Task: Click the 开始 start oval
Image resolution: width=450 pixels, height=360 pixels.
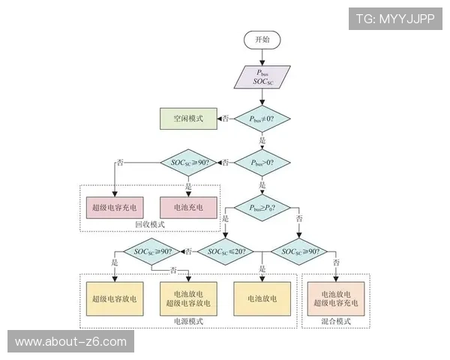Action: tap(262, 40)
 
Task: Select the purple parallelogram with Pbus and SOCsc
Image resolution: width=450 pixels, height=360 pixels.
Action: tap(262, 76)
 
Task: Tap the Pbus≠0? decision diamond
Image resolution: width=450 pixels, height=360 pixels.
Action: tap(262, 118)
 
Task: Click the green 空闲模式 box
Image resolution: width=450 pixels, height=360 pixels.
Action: tap(187, 118)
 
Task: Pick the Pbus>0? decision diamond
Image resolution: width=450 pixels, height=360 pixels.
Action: tap(262, 162)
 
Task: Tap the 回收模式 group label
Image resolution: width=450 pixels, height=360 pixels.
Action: tap(149, 224)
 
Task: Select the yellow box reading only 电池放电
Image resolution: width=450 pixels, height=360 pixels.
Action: tap(262, 298)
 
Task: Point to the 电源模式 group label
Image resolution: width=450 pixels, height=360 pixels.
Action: tap(188, 321)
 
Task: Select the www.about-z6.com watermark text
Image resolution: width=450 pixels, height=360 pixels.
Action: tap(71, 342)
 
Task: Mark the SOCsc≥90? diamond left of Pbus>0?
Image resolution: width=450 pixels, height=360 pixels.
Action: tap(188, 162)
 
